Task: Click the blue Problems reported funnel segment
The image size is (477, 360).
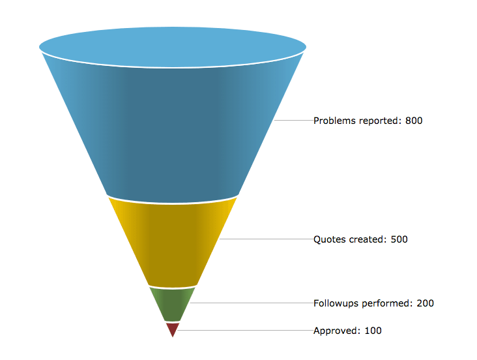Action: click(173, 130)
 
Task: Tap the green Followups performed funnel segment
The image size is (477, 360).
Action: click(173, 304)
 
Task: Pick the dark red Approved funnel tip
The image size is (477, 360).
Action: click(172, 328)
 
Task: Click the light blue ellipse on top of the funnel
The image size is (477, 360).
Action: click(173, 46)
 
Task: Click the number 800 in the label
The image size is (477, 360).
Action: click(414, 121)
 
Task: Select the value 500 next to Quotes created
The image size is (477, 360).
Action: click(399, 239)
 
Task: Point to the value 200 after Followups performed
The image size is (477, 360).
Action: click(425, 303)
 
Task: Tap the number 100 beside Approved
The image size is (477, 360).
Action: click(373, 331)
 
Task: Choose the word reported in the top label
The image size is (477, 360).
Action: click(381, 121)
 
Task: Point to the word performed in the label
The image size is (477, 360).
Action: click(388, 303)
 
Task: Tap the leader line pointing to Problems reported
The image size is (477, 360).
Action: click(293, 121)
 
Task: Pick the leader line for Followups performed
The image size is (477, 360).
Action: click(251, 303)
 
